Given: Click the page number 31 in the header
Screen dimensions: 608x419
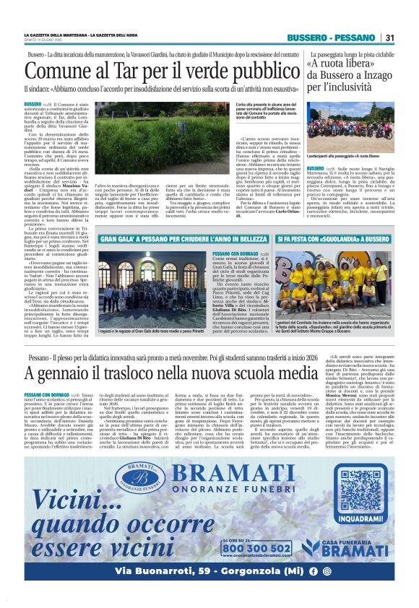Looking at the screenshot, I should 389,38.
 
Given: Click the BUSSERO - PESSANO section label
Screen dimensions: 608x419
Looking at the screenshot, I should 331,38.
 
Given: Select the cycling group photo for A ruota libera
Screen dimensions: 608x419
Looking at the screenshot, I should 352,126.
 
